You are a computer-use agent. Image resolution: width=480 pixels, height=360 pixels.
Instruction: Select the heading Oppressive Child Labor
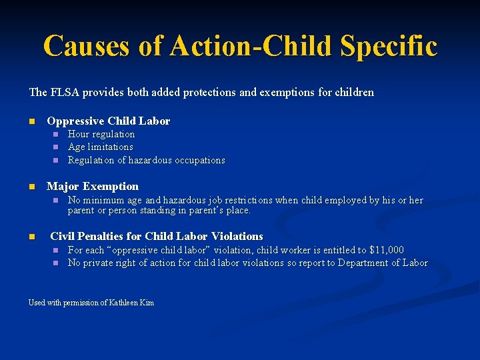pos(108,121)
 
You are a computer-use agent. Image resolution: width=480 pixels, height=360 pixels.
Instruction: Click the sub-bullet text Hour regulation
pos(101,134)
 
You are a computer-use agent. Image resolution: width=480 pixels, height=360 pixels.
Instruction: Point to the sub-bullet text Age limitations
pos(101,147)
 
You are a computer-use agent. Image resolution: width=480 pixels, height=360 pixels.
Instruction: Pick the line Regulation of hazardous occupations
pos(146,160)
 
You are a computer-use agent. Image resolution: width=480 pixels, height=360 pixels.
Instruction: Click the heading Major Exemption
pos(93,186)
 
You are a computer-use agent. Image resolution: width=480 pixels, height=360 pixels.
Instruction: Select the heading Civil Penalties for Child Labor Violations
pos(157,236)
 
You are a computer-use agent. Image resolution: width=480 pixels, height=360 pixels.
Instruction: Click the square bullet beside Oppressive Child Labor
pos(31,121)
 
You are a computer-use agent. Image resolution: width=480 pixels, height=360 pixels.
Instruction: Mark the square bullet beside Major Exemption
pos(31,186)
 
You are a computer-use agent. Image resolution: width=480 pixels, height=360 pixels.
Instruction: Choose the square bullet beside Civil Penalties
pos(31,236)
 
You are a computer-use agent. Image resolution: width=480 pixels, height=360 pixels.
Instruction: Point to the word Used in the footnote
pos(37,303)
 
